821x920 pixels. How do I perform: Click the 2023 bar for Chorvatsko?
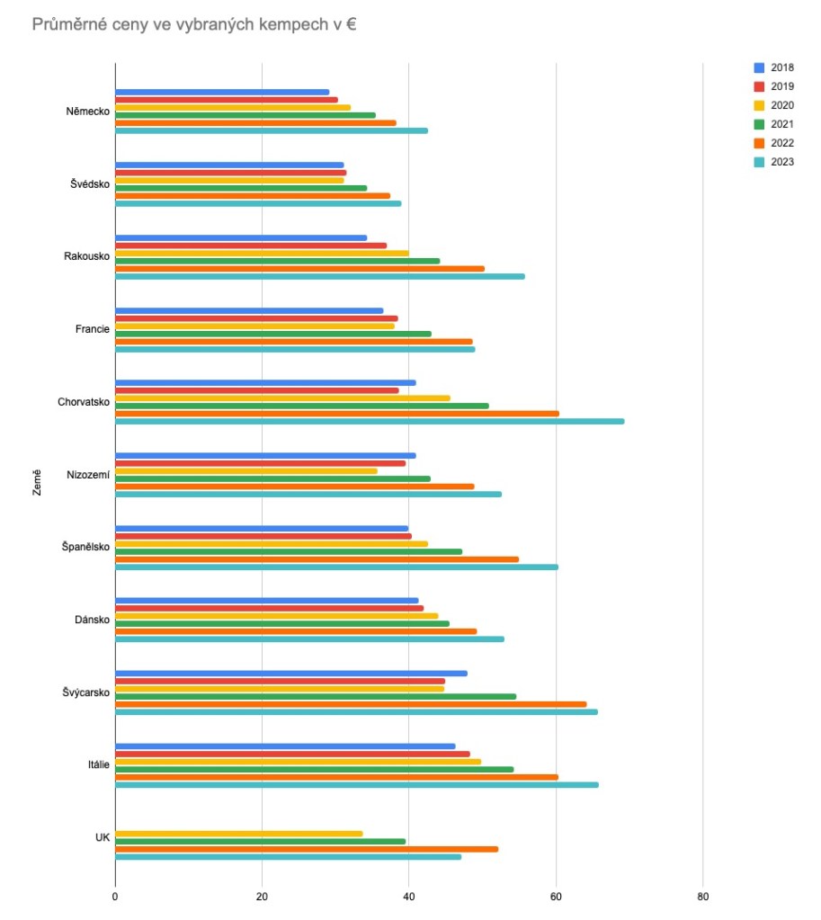(x=369, y=421)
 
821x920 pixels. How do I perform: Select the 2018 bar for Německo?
(x=222, y=92)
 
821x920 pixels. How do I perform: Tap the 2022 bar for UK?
(x=306, y=849)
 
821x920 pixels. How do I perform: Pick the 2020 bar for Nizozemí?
(x=245, y=470)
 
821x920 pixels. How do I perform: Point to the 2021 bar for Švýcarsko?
(x=315, y=696)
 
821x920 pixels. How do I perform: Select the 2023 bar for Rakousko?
(x=319, y=276)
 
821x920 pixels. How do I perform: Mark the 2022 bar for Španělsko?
(x=317, y=558)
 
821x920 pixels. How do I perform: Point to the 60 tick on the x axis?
(x=556, y=897)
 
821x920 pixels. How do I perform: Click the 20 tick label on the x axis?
(x=262, y=897)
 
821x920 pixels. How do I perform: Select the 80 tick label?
(x=703, y=897)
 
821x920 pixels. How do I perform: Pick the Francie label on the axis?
(x=92, y=329)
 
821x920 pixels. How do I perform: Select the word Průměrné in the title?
(x=66, y=24)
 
